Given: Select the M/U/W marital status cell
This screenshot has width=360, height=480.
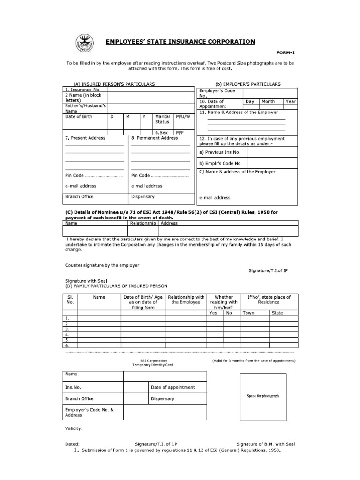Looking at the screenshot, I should tap(182, 116).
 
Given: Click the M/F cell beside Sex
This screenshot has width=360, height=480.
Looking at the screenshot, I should tap(180, 133).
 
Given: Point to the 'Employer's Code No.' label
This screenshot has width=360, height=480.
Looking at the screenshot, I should tap(217, 93).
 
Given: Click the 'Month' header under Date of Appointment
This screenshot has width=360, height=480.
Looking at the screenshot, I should tap(268, 101).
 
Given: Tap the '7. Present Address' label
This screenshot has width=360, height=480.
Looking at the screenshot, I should tap(85, 138).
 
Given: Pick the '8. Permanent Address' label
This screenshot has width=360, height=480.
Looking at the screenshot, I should tap(155, 138).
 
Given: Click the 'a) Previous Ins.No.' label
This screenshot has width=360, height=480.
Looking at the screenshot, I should tap(219, 152).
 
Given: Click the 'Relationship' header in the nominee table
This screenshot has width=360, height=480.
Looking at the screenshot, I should tap(142, 223).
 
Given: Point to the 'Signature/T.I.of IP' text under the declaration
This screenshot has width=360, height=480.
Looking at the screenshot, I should tap(267, 270).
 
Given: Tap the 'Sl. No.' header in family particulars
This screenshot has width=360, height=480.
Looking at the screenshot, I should tap(70, 300).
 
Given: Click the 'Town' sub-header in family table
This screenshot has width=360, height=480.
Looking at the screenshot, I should tap(248, 313).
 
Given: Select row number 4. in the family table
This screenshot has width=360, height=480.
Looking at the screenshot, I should tap(67, 335).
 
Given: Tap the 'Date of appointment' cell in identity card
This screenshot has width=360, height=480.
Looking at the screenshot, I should tap(173, 388).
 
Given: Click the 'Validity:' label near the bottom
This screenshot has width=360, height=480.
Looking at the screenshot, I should tap(74, 428).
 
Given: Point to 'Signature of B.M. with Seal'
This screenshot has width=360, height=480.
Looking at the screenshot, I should tap(265, 443).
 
